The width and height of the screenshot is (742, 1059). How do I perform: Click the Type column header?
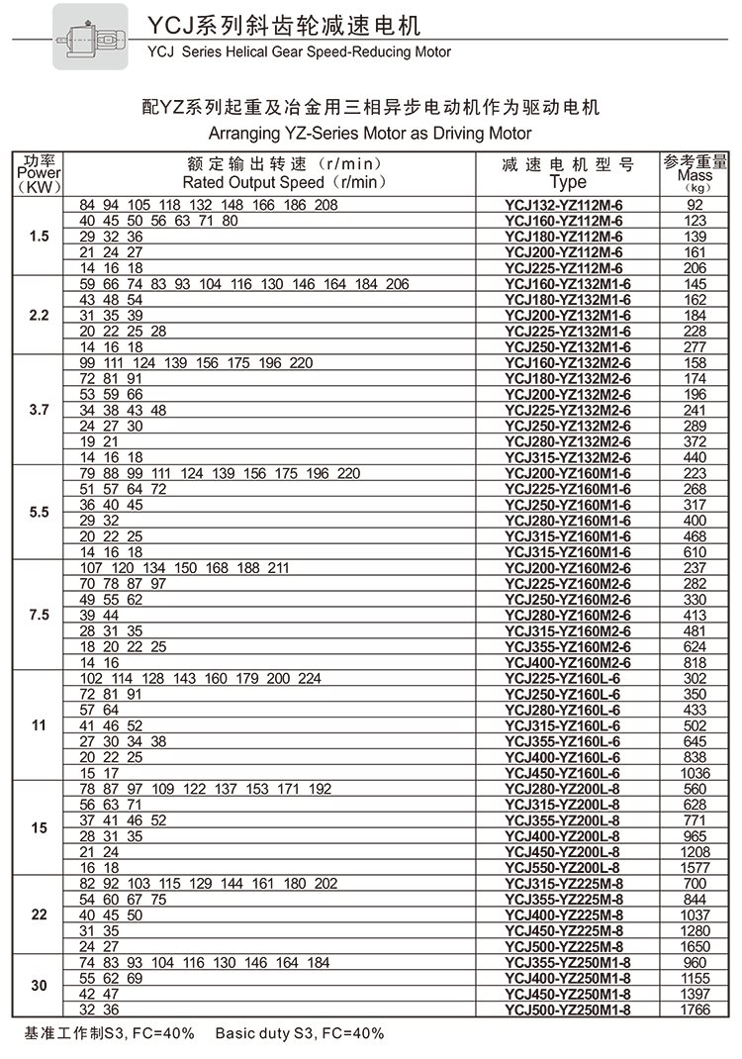[x=568, y=173]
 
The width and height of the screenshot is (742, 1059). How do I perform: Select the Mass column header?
[x=696, y=173]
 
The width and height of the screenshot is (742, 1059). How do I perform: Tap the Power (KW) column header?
[x=39, y=173]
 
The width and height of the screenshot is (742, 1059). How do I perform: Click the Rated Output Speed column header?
[x=283, y=173]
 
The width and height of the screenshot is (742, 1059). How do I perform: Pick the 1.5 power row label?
[x=39, y=237]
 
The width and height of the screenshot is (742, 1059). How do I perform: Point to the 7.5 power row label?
[x=39, y=615]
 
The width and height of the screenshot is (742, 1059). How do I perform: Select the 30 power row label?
[x=39, y=986]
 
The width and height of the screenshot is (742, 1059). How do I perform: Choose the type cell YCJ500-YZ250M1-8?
[x=567, y=1010]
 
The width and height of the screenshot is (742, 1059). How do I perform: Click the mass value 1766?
[x=696, y=1010]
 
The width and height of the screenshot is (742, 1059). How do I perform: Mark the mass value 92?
[x=696, y=205]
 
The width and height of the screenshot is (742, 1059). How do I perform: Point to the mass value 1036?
[x=696, y=773]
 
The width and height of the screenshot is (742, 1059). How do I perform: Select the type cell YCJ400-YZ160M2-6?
[x=567, y=662]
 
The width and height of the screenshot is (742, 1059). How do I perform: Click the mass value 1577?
[x=696, y=867]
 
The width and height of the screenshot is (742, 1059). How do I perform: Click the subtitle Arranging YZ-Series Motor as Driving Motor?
[x=371, y=133]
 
